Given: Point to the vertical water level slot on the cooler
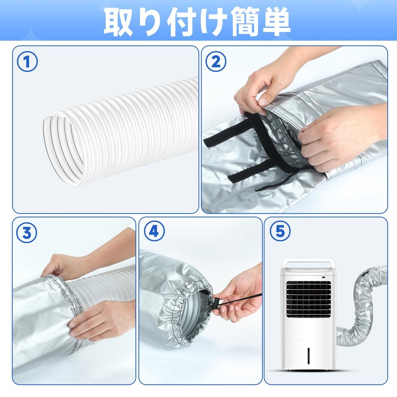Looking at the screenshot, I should pyautogui.click(x=309, y=356).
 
